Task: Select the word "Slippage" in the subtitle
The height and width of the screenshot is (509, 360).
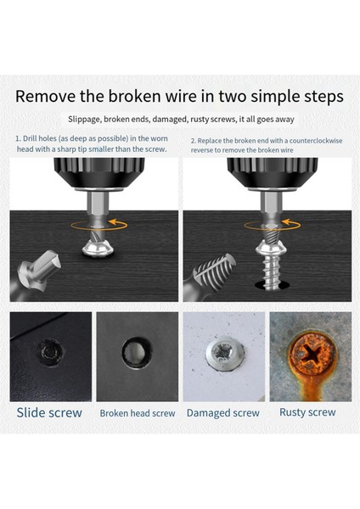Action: [84, 120]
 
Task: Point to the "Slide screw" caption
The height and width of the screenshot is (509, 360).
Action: [49, 412]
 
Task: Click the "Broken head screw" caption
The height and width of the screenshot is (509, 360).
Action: [137, 413]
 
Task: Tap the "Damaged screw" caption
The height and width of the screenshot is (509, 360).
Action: [223, 413]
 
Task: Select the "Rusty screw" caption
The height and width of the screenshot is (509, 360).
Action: [307, 412]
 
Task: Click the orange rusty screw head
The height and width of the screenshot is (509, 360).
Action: [312, 354]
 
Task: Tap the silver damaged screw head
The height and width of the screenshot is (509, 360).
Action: [224, 354]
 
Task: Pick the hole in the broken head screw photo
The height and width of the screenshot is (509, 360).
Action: [137, 352]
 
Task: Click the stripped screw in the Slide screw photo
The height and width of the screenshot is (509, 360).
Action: [50, 352]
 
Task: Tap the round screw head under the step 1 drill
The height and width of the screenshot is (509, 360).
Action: [98, 249]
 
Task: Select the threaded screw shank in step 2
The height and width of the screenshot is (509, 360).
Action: [272, 272]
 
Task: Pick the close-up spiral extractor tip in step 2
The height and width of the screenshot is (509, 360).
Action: [215, 271]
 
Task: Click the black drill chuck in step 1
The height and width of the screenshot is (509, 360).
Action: [99, 173]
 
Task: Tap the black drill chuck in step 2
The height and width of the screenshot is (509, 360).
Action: [273, 173]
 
